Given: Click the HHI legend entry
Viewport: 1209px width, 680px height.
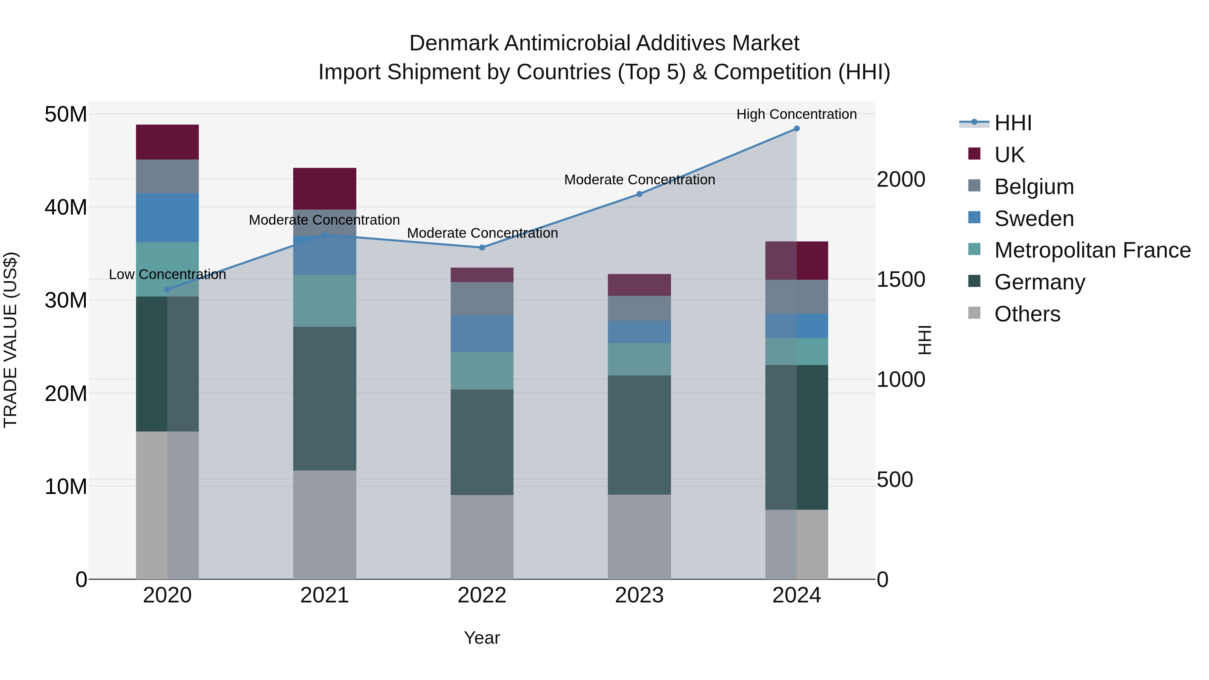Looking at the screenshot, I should [x=1013, y=123].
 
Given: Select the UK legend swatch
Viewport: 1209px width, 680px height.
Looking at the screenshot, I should [x=974, y=154].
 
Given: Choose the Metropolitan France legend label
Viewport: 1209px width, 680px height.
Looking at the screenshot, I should [x=1092, y=250].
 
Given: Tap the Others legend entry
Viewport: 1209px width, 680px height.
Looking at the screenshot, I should [x=1027, y=314].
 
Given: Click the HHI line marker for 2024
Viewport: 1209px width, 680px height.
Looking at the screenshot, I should [x=797, y=129].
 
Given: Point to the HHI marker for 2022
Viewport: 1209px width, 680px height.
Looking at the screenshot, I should [x=482, y=247].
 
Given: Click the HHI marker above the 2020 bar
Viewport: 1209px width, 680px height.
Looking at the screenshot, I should [x=167, y=289].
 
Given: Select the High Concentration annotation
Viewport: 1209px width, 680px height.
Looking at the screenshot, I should [x=797, y=114].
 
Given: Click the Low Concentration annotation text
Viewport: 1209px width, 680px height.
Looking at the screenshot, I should [x=167, y=275].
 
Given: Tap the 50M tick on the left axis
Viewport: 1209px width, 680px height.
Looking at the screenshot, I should [x=66, y=114].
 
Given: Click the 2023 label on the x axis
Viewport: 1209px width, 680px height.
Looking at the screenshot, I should [x=639, y=595].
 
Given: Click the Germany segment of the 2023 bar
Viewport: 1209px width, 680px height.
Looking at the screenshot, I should [x=639, y=435].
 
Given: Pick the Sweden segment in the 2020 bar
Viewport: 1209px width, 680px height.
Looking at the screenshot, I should [x=167, y=218].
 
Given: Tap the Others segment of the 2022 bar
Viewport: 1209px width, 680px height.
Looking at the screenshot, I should [x=482, y=537].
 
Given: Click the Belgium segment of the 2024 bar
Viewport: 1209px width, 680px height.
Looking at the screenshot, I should [x=797, y=297].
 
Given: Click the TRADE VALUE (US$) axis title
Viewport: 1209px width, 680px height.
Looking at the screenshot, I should [x=10, y=340].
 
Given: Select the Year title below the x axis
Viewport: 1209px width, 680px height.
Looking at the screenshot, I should [x=482, y=638].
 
